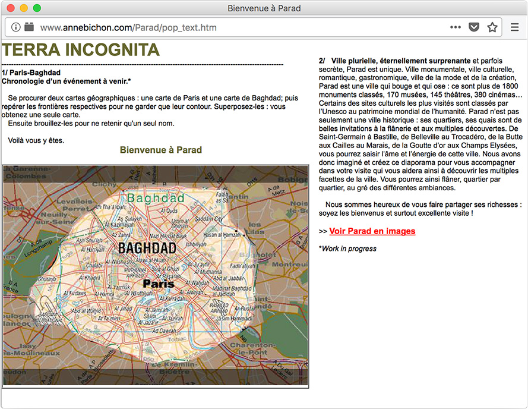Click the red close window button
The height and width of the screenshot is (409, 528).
(11, 8)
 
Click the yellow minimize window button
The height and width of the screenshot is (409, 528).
(24, 8)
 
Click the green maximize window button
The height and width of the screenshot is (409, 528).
(37, 8)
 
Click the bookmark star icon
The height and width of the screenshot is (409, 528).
(492, 27)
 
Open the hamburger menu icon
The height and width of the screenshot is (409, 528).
(515, 27)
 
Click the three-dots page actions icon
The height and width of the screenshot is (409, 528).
(456, 27)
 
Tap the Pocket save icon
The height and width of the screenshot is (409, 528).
(474, 27)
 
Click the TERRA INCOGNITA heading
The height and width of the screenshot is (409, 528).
(81, 50)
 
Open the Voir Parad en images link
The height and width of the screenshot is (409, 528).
(372, 231)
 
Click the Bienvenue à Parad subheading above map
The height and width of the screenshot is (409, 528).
(161, 150)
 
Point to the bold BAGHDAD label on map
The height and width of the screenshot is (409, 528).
(147, 248)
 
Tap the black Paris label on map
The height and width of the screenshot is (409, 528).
(159, 284)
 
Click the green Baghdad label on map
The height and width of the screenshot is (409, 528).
(156, 197)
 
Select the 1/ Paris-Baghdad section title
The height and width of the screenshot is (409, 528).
(31, 73)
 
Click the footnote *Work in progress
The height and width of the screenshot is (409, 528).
(347, 248)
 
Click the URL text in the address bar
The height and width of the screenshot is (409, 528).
(128, 27)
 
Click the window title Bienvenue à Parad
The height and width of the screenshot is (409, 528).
(264, 8)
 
